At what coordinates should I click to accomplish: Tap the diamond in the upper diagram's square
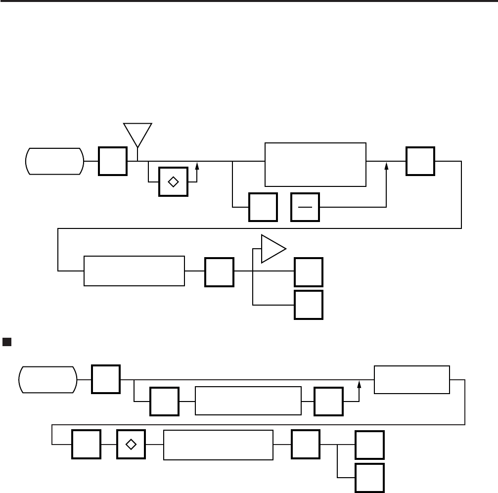[x=173, y=181]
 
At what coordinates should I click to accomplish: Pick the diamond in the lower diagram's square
[x=131, y=445]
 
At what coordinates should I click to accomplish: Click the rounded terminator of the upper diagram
[x=54, y=161]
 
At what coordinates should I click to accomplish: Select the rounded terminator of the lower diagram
[x=47, y=380]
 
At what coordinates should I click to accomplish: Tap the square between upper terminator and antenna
[x=113, y=161]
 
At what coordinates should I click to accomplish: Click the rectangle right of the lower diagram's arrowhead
[x=412, y=380]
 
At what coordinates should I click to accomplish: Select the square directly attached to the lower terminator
[x=106, y=380]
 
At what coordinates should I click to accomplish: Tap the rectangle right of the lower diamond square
[x=218, y=445]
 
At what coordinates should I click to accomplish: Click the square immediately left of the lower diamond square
[x=87, y=445]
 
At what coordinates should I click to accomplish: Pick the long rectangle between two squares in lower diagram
[x=248, y=401]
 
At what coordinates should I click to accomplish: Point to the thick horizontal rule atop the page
[x=249, y=2]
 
